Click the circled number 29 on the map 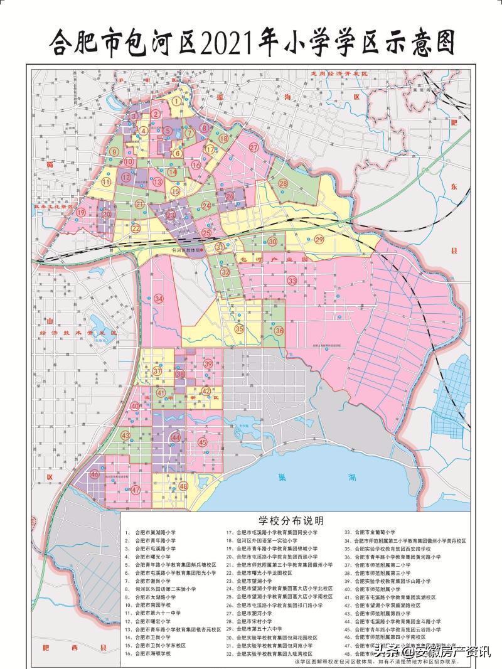[319, 240]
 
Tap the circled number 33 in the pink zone [292, 280]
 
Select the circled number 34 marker [158, 299]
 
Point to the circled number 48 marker [183, 486]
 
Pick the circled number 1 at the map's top [178, 100]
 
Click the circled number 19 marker [81, 213]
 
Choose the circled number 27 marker [254, 147]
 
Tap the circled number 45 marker [202, 442]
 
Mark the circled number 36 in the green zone [279, 330]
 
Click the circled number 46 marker [95, 475]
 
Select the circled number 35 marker [239, 328]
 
